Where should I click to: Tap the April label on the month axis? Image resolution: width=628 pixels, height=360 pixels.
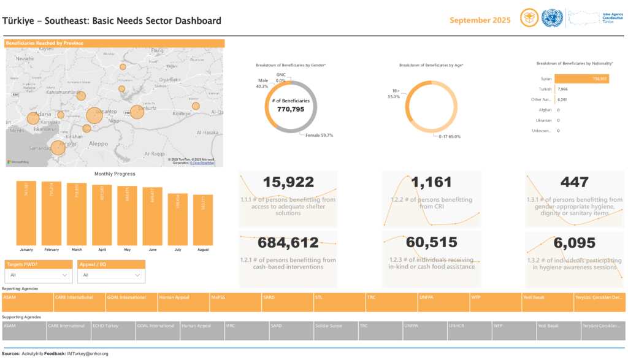point(102,250)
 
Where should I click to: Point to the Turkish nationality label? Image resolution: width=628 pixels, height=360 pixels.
point(545,89)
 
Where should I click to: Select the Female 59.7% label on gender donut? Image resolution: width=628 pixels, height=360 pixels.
point(319,135)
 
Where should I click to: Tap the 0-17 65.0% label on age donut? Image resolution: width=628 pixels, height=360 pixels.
point(449,136)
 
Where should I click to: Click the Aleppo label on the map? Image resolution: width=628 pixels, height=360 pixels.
point(98,142)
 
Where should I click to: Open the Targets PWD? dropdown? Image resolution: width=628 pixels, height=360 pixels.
point(38,275)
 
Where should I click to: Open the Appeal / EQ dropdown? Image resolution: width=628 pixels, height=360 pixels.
point(111,275)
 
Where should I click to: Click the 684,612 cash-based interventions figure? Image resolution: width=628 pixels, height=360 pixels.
point(288,243)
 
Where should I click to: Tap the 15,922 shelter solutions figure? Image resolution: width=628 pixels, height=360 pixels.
point(288,182)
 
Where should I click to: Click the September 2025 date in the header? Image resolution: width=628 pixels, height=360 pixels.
point(480,20)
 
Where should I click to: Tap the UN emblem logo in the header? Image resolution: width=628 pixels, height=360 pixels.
point(552,18)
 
